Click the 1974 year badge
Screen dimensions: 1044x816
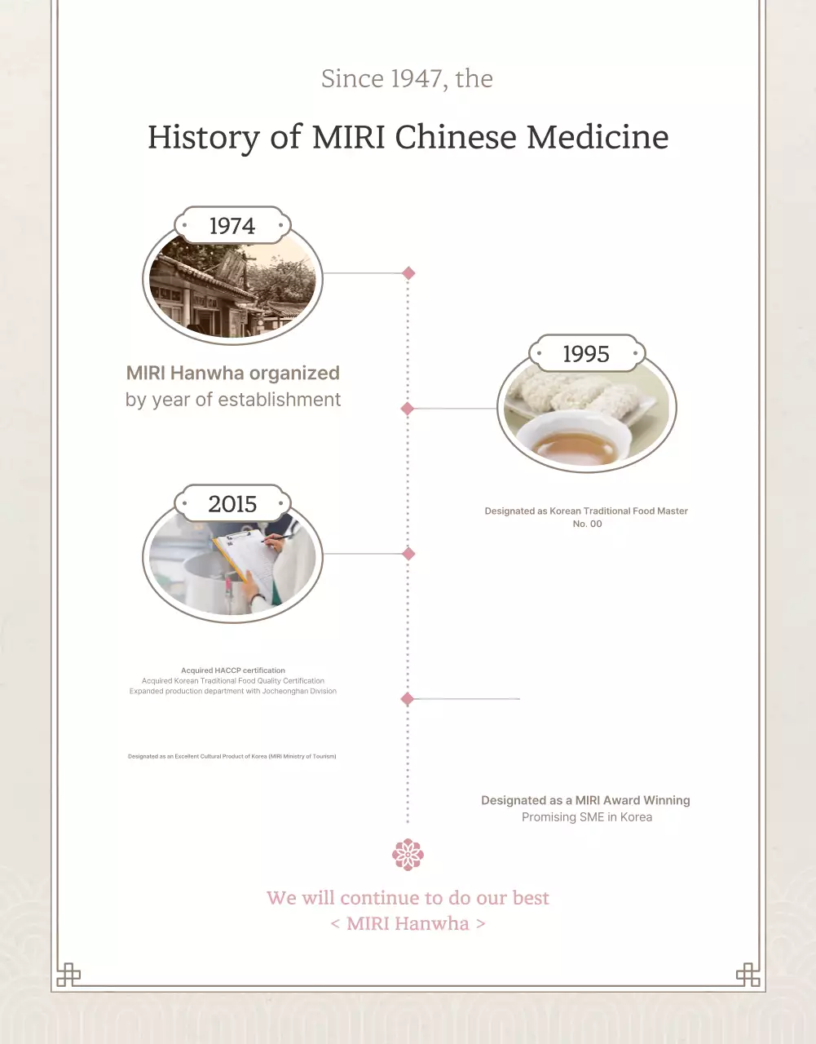(232, 226)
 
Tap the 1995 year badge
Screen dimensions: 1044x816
(586, 354)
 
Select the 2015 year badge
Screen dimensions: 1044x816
(232, 504)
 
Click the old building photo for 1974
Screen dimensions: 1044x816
(232, 290)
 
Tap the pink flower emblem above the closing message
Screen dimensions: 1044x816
(408, 855)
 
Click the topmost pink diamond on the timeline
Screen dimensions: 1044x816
(408, 273)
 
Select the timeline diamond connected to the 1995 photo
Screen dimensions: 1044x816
(408, 409)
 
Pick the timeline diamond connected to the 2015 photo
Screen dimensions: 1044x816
(408, 554)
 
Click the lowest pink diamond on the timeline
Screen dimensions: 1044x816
(408, 699)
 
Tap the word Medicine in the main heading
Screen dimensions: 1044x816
(598, 137)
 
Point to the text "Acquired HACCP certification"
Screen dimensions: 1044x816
(233, 670)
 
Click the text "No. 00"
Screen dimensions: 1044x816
(587, 524)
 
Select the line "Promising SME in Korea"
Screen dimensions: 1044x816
(587, 817)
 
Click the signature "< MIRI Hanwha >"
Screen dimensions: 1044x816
(408, 923)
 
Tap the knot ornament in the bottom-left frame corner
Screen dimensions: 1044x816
(68, 975)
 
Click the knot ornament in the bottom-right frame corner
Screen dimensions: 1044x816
(748, 975)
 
